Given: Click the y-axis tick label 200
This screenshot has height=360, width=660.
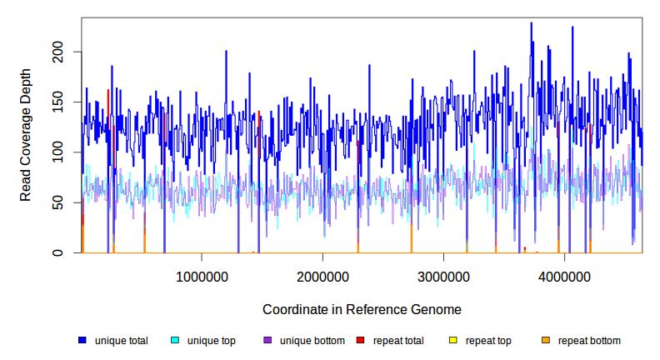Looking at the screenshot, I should [x=70, y=52].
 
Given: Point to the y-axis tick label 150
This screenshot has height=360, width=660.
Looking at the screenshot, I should [x=70, y=102].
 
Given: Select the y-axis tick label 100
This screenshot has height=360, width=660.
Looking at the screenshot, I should [x=70, y=152].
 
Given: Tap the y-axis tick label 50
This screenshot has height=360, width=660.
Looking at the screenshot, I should [x=70, y=202].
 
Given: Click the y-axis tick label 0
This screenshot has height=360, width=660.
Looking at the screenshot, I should [x=70, y=252].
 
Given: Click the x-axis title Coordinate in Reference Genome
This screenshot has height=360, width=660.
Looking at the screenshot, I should [x=362, y=309].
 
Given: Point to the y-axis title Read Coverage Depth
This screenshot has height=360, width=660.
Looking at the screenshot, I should [x=26, y=147].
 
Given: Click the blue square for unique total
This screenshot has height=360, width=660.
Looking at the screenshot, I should [x=82, y=341].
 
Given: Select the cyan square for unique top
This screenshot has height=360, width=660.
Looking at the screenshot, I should [x=175, y=341].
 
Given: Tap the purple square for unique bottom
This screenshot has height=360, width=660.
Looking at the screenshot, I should [x=267, y=341].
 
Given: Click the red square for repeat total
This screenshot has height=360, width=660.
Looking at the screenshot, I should [x=360, y=341].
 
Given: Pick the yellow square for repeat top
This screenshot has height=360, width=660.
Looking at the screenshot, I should [x=453, y=341].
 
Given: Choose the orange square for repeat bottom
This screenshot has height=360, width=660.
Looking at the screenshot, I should [x=546, y=341].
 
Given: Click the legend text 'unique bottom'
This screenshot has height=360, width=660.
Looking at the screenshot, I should [x=312, y=341].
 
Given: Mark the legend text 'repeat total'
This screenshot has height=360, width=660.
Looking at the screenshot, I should [x=398, y=341].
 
